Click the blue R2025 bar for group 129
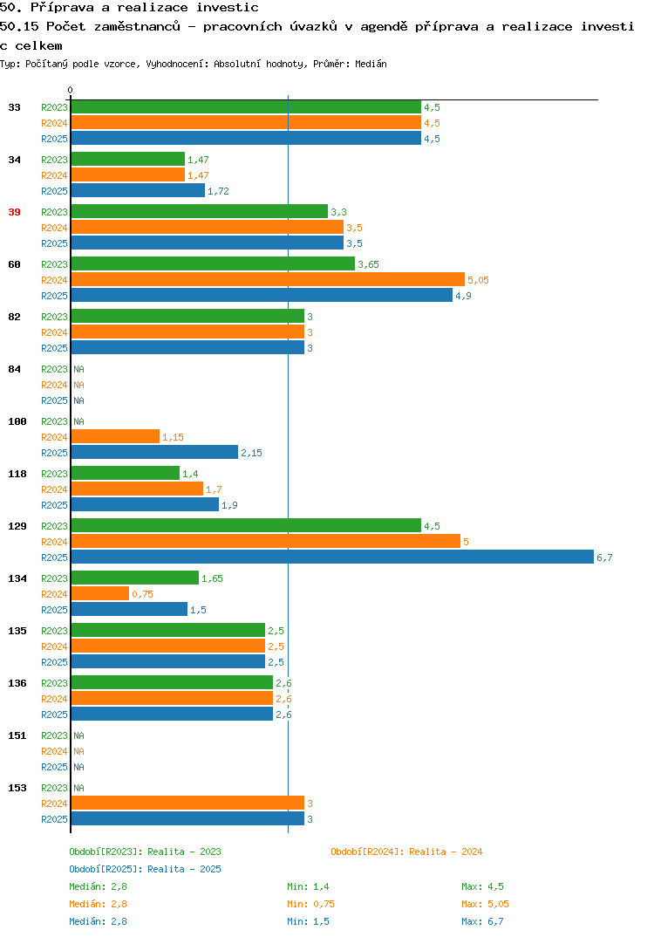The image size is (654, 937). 332,557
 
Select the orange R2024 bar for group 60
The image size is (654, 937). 268,280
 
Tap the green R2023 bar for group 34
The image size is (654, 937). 128,159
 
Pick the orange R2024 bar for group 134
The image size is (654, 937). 99,593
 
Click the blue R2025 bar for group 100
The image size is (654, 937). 154,453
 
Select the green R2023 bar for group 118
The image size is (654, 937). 126,473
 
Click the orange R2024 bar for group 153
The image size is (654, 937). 187,804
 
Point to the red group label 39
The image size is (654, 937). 14,212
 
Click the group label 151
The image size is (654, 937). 17,735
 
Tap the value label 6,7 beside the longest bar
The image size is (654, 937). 604,557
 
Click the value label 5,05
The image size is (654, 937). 478,280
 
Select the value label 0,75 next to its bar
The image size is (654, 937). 142,594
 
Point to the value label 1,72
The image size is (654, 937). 218,191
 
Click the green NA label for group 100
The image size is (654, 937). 78,421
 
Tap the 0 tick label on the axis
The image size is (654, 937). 71,90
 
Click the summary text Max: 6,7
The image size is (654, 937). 482,921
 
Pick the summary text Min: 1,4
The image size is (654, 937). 308,886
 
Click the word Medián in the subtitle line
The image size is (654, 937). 371,64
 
